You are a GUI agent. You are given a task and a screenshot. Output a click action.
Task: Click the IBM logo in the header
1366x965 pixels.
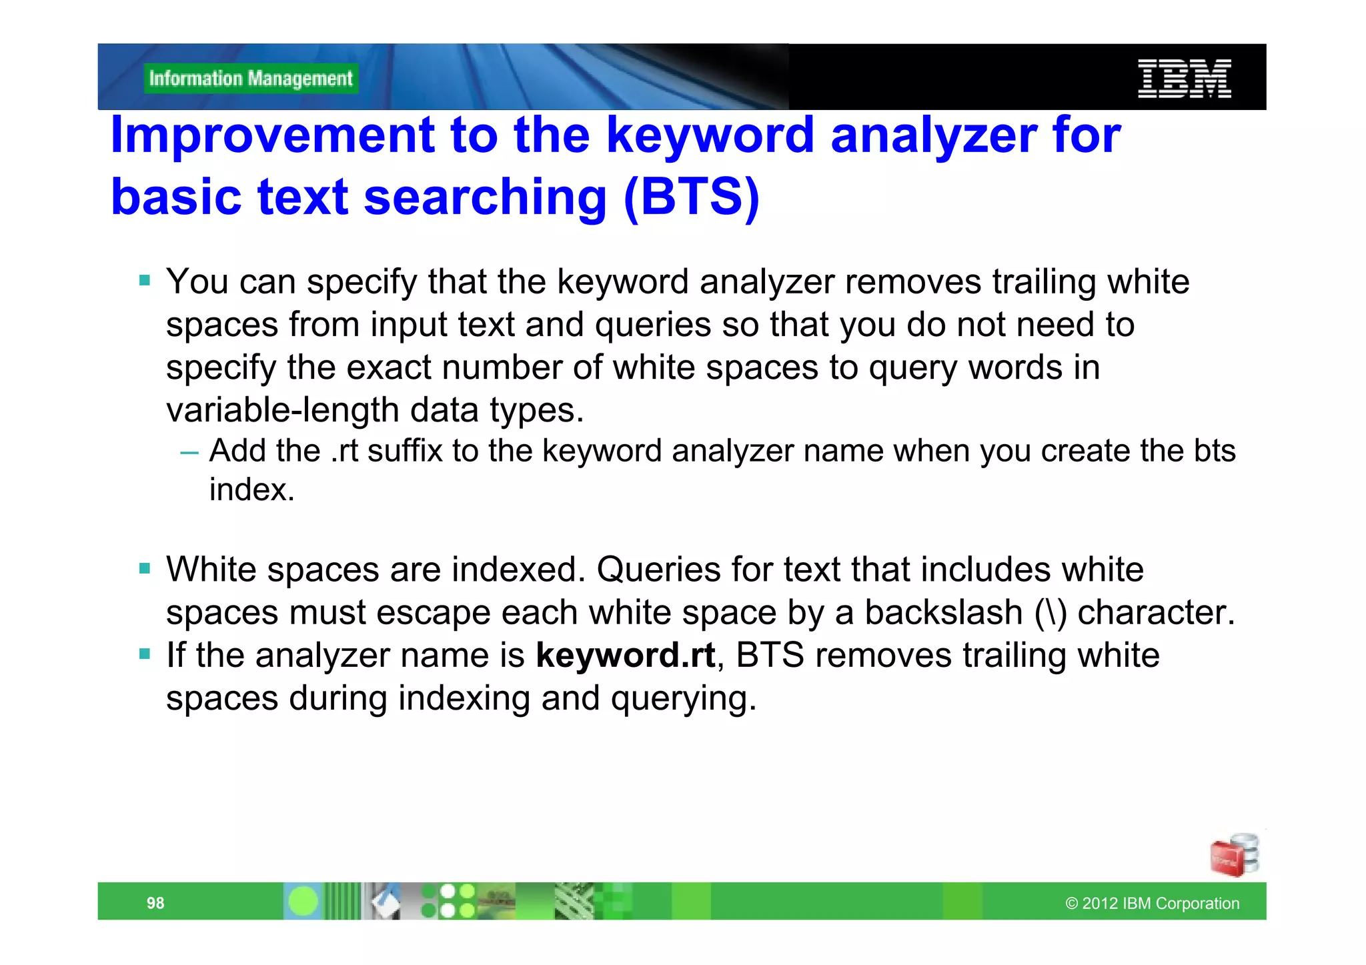coord(1184,79)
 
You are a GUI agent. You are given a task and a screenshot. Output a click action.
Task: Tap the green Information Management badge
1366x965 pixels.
coord(251,79)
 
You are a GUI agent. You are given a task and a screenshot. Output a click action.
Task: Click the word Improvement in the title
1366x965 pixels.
coord(272,135)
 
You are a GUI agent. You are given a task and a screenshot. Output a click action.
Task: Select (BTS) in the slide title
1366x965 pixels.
coord(692,197)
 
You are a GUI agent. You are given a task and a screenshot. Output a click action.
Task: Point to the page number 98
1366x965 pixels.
coord(155,903)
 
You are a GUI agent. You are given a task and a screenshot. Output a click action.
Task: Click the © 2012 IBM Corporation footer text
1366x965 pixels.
coord(1152,903)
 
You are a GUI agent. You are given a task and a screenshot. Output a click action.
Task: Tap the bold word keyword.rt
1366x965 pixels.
coord(625,655)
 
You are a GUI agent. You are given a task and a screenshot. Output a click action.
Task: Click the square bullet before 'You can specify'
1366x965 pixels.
coord(145,281)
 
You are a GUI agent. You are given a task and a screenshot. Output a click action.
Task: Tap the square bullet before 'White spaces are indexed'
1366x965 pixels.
coord(145,569)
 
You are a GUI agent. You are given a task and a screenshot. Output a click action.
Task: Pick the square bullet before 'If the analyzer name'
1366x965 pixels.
coord(145,654)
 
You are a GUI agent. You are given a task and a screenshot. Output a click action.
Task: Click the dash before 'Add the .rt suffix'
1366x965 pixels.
coord(189,452)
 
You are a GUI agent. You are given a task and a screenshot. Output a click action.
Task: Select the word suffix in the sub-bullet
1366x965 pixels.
coord(405,451)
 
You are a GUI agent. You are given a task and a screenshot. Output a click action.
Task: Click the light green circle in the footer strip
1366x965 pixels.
coord(303,902)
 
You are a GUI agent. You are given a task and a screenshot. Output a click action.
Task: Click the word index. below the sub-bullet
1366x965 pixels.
coord(251,490)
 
